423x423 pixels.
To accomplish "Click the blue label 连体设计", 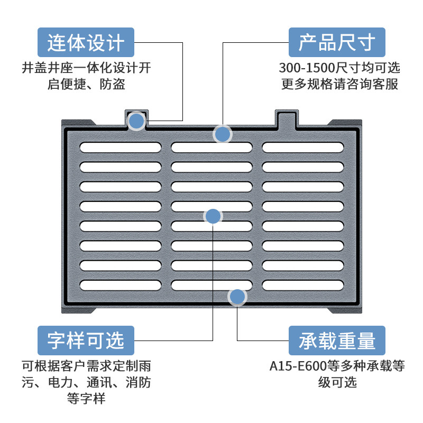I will [86, 42].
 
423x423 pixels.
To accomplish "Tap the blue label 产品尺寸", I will [337, 42].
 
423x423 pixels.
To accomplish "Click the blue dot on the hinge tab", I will [136, 121].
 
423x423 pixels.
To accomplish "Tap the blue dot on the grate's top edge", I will [223, 134].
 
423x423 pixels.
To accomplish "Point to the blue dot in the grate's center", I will [213, 216].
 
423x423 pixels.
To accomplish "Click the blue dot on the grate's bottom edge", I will [237, 297].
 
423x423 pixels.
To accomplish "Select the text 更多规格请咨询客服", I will [339, 85].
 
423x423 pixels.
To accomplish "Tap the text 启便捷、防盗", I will [86, 85].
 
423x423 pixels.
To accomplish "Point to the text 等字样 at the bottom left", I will [86, 399].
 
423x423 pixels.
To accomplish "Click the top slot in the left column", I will [121, 147].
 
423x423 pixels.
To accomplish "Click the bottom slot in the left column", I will [121, 285].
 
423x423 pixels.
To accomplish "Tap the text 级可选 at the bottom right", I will [337, 382].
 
